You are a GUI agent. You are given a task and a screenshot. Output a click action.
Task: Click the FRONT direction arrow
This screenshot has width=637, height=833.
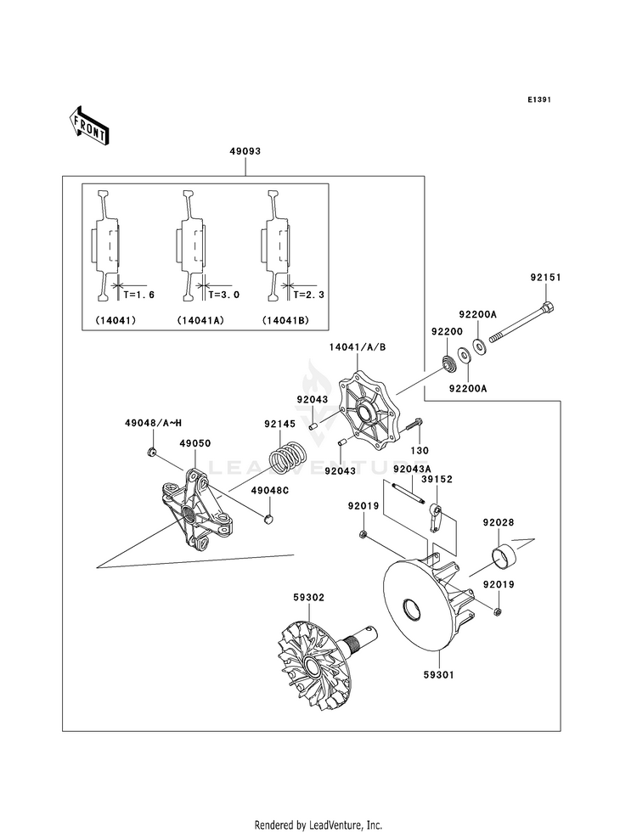point(88,126)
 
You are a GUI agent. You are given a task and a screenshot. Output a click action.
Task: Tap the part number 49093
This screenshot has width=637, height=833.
point(245,151)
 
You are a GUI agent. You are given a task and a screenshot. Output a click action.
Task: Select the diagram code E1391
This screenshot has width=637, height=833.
point(538,99)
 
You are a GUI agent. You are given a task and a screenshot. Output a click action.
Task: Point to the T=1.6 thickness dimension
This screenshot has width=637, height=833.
point(138,295)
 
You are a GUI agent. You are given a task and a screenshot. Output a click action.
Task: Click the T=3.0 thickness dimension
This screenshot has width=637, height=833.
point(223,295)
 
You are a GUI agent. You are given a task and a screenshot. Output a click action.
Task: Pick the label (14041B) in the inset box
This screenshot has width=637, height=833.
point(285,320)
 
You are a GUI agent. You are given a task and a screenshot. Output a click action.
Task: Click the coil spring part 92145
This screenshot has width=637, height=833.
point(286,456)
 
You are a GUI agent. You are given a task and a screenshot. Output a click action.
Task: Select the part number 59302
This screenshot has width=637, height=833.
point(308,598)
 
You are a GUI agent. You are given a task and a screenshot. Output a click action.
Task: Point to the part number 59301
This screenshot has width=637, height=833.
point(439,675)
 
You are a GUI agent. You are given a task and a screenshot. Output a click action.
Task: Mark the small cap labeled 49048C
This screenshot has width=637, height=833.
point(269,518)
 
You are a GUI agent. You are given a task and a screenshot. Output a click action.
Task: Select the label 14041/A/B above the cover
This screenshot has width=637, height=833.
point(357,347)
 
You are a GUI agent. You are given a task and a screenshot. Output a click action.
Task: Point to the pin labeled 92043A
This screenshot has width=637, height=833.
point(407,494)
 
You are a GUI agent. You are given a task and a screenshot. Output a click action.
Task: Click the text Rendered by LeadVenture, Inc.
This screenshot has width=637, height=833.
point(318,825)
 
